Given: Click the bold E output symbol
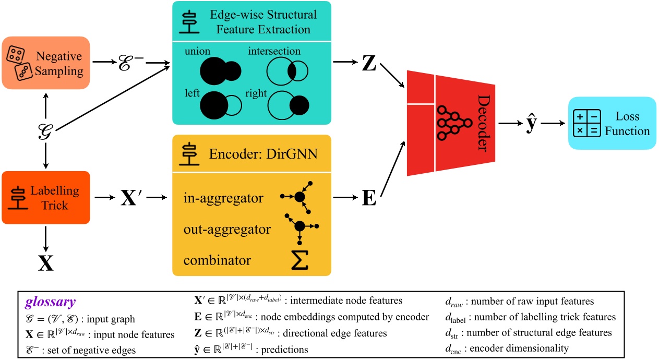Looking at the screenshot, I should point(368,199).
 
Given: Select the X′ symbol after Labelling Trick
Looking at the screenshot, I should point(133,198).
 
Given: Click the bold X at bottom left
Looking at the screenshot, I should point(46,263).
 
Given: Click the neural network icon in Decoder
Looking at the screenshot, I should point(449,122).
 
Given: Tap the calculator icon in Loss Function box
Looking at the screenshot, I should point(587,124).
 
